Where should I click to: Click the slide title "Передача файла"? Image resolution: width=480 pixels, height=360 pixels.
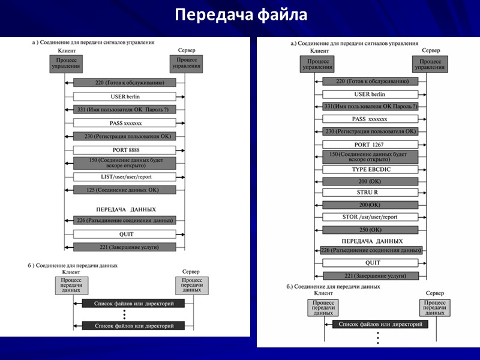pyautogui.click(x=241, y=14)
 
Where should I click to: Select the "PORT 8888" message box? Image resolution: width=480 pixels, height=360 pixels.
pyautogui.click(x=125, y=150)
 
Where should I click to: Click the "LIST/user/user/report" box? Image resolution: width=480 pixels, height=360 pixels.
pyautogui.click(x=125, y=177)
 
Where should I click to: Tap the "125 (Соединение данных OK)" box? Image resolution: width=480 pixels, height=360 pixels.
pyautogui.click(x=125, y=190)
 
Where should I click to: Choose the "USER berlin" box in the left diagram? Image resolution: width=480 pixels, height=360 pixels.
pyautogui.click(x=125, y=96)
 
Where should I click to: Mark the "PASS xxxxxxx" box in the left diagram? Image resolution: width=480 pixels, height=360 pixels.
pyautogui.click(x=125, y=123)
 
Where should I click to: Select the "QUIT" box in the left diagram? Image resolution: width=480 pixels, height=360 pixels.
pyautogui.click(x=125, y=234)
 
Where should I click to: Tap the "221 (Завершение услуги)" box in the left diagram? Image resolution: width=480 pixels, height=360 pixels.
pyautogui.click(x=125, y=247)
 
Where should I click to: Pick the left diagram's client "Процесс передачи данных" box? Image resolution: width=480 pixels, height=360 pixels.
pyautogui.click(x=71, y=285)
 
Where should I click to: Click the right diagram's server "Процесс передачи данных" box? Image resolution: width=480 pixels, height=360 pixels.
pyautogui.click(x=434, y=307)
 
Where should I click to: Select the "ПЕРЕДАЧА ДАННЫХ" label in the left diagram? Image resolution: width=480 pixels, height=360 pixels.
pyautogui.click(x=126, y=209)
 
